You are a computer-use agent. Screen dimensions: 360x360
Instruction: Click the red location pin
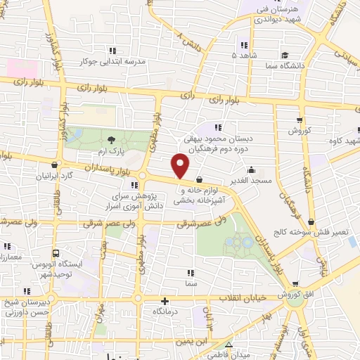[181, 167]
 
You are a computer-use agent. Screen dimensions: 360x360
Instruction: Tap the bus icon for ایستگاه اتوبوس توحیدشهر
[56, 252]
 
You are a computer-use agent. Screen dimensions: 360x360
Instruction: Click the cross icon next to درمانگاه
[166, 300]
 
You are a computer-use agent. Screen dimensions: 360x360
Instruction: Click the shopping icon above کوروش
[300, 120]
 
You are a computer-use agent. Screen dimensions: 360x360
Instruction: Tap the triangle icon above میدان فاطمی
[229, 344]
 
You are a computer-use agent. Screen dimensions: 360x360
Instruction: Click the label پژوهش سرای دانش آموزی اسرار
[138, 201]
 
